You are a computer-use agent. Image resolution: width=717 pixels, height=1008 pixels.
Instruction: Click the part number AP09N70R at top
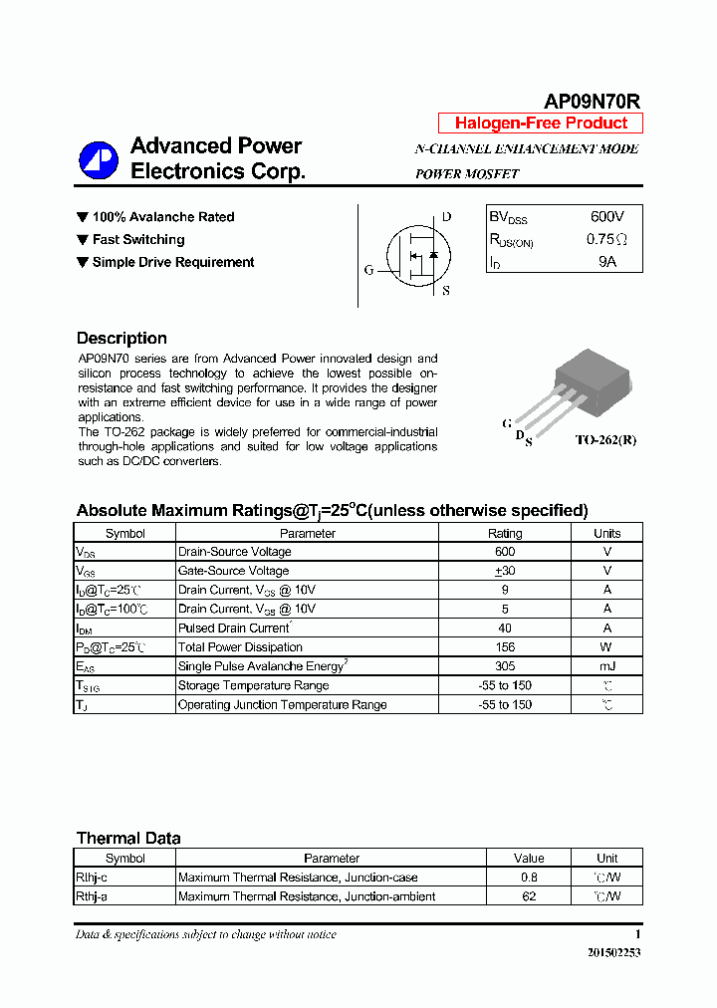591,101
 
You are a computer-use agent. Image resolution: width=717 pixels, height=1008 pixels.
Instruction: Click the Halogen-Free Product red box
541,124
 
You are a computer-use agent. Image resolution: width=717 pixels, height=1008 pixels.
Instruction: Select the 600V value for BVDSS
606,216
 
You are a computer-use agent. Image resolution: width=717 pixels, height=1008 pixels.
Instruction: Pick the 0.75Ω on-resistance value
606,239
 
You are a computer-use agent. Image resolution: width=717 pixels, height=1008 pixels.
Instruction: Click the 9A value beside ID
606,262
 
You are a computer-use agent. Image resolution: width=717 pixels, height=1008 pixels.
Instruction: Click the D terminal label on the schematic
446,217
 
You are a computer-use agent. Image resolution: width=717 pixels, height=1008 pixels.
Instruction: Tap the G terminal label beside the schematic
368,270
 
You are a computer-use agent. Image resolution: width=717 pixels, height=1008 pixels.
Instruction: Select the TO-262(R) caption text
604,439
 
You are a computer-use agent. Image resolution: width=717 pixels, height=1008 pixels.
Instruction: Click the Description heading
121,338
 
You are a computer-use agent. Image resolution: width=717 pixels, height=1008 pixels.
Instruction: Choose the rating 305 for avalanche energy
504,666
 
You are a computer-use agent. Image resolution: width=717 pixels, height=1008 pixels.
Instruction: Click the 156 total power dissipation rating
504,647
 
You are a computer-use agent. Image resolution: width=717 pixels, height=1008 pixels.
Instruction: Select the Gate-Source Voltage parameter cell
233,571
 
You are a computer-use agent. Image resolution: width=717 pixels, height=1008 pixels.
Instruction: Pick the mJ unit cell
606,666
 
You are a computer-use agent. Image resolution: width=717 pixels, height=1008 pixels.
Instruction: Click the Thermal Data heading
128,838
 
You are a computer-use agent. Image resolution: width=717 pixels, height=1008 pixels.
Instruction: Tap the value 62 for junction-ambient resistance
529,896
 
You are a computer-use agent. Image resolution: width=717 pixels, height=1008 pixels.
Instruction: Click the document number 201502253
614,952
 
